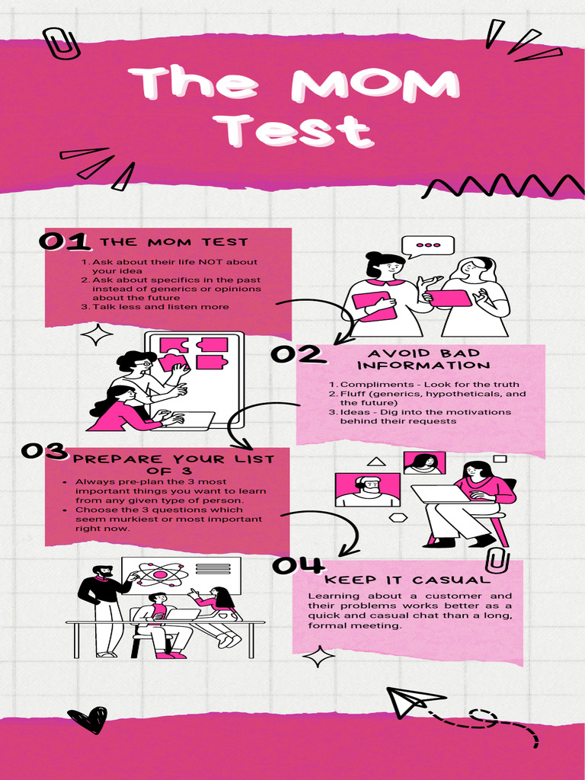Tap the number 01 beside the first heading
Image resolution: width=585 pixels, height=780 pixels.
[65, 241]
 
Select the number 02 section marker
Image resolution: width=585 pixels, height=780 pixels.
[297, 355]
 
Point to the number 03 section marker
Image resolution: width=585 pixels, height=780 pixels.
[44, 451]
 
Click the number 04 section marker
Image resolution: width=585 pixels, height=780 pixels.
[298, 565]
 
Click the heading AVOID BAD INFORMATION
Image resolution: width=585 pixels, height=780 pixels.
[424, 360]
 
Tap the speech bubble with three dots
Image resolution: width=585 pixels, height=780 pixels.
[428, 246]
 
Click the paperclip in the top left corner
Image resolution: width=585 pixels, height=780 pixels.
[61, 43]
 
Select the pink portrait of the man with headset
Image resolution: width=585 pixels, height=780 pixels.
[368, 490]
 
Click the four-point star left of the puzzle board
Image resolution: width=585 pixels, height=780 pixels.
[97, 334]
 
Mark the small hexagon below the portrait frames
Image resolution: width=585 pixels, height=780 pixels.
[398, 517]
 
